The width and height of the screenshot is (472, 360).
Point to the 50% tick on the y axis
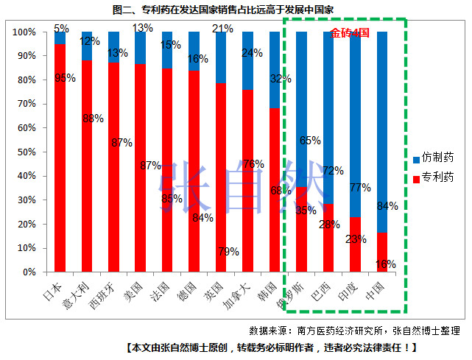tap(35, 152)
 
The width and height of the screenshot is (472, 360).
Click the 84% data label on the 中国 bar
tap(387, 206)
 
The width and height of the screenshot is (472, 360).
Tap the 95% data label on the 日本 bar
tap(65, 77)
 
